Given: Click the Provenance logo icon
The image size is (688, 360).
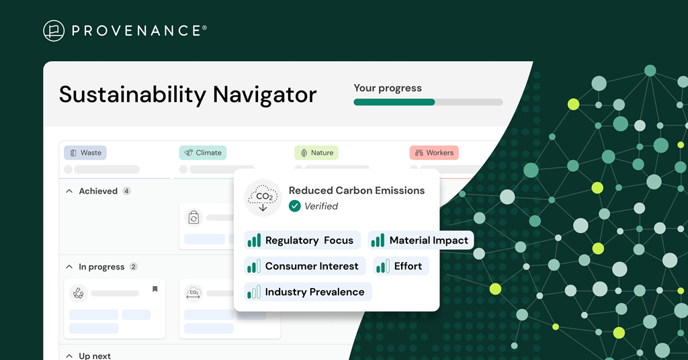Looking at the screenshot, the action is coord(54,31).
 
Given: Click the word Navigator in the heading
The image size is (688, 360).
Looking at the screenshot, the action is coord(265,95).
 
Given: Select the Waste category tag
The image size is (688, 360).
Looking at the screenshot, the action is coord(85,152).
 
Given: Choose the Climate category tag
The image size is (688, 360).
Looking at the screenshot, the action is coord(203,152).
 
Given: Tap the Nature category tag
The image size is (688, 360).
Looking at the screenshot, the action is coord(316,152).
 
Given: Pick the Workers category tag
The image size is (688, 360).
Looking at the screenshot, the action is coord(434,152).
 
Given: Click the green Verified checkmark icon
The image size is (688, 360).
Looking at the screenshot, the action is coord(295,206).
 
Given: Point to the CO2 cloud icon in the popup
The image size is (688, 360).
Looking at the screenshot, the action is coord(263,197).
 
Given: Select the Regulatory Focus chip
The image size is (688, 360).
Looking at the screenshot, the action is coord(302,240).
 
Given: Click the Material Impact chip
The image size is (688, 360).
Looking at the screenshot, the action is coord(421,240).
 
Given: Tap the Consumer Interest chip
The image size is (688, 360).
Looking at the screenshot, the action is coord(305,266).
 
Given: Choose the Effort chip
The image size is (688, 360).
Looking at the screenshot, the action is coord(401,266).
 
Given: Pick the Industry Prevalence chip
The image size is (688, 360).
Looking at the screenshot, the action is coord(308,292).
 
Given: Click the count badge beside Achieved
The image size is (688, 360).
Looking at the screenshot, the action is coord(126,191).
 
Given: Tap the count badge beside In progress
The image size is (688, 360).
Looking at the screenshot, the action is coord(134,267).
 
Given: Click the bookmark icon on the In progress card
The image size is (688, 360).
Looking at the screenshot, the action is coord(155,289).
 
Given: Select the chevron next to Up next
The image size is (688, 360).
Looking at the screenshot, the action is coord(69,355).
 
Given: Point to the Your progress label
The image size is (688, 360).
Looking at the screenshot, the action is coord(388,88).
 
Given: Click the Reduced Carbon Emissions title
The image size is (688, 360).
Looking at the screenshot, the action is coord(357,190).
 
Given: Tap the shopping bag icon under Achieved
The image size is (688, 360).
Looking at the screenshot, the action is coord(193,218).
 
